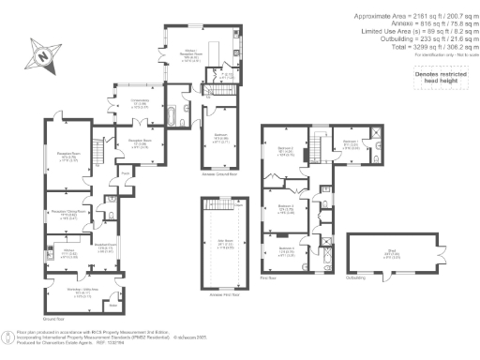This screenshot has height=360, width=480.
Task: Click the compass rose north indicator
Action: click(42, 55)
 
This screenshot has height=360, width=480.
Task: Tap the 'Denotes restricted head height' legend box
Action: click(442, 76)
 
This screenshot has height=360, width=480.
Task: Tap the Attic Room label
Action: click(226, 241)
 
